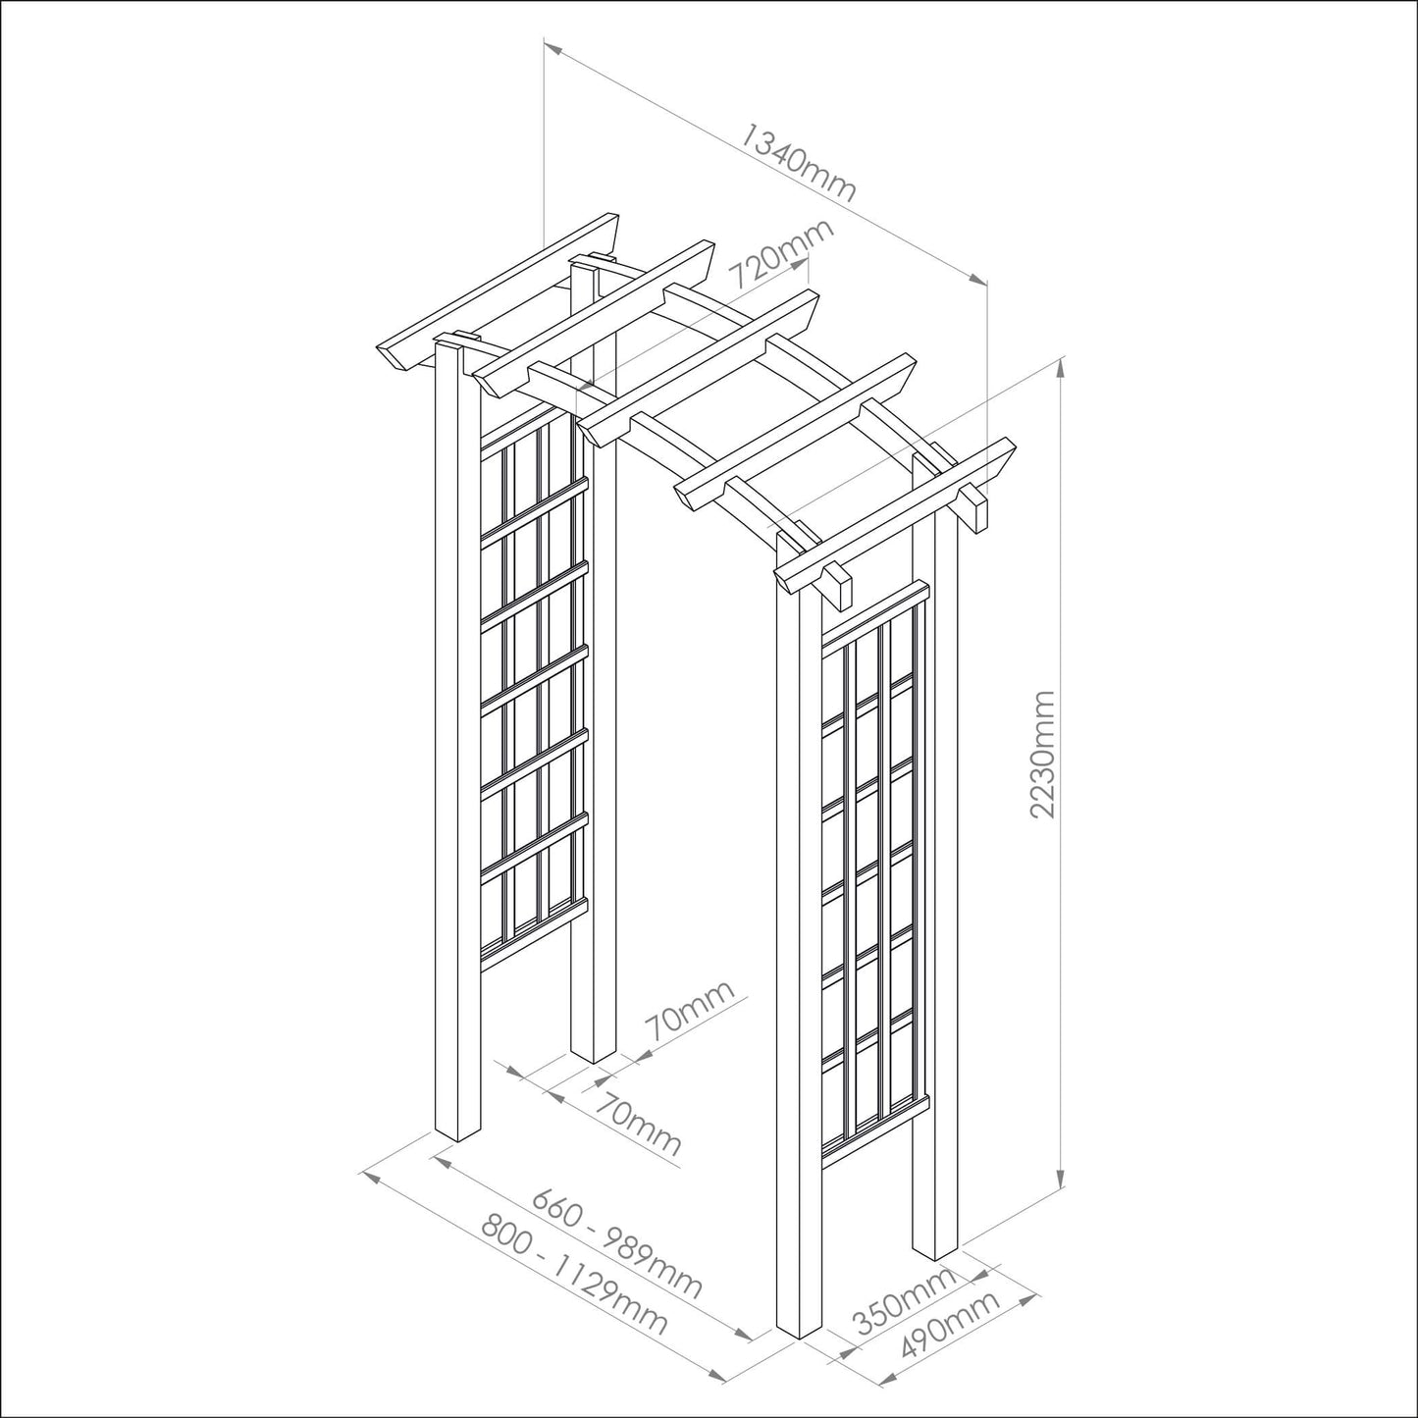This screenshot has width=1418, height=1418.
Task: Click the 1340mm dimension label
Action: pos(798,163)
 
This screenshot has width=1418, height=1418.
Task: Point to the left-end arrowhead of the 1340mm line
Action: pos(552,48)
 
